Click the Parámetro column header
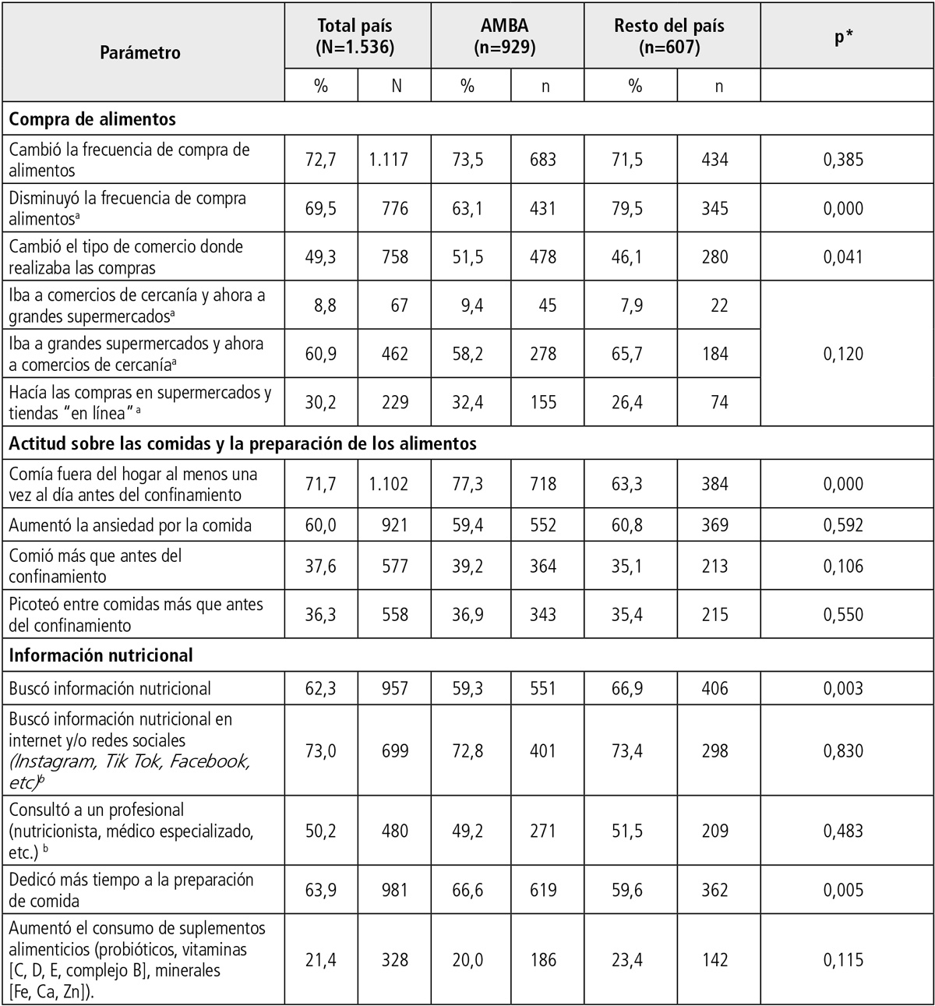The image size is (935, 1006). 140,53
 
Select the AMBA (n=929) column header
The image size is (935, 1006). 505,37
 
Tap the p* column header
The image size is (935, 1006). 842,37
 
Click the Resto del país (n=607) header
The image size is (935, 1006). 669,37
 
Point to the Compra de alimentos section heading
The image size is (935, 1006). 93,119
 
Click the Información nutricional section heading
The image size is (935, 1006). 101,655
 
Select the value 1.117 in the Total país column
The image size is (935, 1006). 388,160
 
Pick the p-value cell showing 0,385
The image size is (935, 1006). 843,160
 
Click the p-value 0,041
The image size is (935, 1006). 843,257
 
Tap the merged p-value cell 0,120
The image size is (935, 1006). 843,354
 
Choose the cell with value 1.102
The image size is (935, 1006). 388,484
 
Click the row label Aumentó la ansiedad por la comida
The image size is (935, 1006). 130,525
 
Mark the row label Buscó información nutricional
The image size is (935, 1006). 110,689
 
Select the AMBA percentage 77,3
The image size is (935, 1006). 467,484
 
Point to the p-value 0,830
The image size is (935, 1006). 843,750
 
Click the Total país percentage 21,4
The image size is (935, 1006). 320,960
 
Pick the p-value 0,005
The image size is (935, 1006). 843,890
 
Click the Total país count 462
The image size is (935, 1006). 394,354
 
